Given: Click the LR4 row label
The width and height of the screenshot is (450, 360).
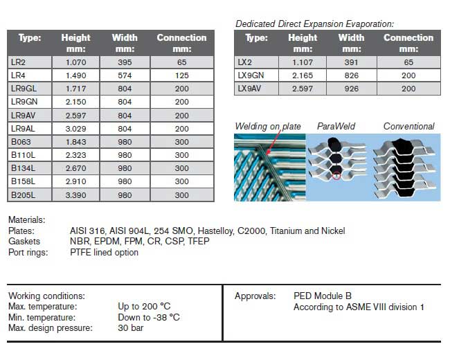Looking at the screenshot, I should [x=18, y=75].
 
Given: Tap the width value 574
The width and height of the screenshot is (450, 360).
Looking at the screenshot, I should [x=125, y=75].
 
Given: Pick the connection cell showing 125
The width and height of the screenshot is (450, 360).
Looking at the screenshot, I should [x=181, y=75].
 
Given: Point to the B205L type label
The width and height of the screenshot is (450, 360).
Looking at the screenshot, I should [x=23, y=195].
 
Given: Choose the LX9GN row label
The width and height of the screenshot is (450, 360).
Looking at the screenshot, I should [x=251, y=75].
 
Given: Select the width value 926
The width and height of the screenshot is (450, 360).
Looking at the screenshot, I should [x=351, y=89].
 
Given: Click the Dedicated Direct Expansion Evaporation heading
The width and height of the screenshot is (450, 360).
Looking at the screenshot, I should [x=314, y=24].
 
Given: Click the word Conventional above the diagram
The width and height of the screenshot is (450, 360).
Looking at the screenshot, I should [x=408, y=126].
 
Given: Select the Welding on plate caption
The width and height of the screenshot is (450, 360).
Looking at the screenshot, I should [x=268, y=126].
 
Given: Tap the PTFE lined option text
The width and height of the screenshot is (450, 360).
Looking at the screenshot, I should [x=104, y=252].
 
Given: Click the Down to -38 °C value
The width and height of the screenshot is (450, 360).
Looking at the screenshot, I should [x=149, y=317].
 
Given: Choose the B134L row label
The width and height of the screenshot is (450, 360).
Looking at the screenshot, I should [x=22, y=168].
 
